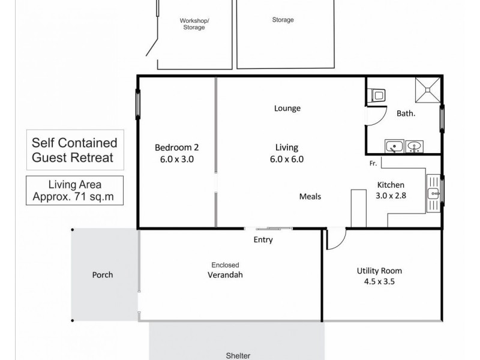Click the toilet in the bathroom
379,95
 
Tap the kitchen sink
433,193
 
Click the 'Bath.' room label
406,113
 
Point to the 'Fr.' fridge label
373,163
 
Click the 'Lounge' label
287,109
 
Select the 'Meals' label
311,197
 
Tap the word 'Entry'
263,240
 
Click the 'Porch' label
103,275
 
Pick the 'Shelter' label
238,355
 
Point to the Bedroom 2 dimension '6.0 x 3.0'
175,160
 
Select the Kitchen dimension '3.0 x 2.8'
390,196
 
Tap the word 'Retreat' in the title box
93,158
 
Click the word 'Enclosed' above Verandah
225,265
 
